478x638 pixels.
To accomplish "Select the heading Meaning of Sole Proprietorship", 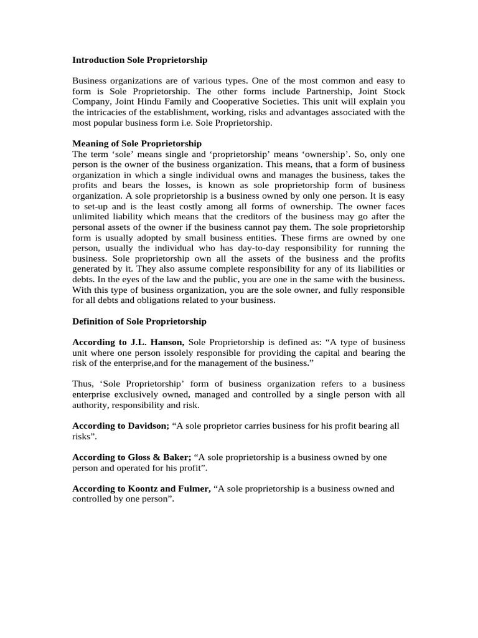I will [x=137, y=143].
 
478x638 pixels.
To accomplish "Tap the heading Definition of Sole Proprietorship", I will [x=139, y=321].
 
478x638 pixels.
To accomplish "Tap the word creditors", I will [x=248, y=217].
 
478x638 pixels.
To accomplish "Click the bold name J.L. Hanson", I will [x=157, y=342].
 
